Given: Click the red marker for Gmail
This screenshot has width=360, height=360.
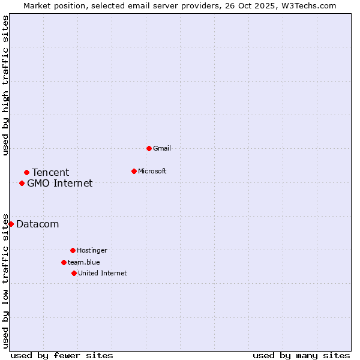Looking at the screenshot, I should (x=149, y=148).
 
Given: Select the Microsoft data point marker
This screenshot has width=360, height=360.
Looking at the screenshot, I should (x=134, y=171).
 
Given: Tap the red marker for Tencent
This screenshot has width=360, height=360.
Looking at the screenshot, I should (x=26, y=173).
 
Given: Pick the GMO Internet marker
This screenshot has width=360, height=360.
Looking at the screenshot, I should (x=22, y=183).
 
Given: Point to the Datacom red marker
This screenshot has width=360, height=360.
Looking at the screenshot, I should (x=11, y=224).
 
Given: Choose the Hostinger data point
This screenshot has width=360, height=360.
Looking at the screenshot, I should (x=73, y=250).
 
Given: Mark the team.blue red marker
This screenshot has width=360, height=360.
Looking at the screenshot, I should (x=64, y=262).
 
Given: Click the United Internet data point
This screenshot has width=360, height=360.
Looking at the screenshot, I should (x=74, y=273).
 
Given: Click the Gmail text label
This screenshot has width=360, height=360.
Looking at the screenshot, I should (x=162, y=148).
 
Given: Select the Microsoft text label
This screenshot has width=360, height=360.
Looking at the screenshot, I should (x=152, y=171).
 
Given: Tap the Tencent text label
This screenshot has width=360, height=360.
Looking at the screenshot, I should (x=50, y=173).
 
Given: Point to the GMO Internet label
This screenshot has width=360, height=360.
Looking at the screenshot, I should (x=60, y=184).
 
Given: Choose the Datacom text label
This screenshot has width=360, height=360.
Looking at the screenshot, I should (x=38, y=224).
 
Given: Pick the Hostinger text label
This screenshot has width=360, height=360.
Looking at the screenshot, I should (x=92, y=250).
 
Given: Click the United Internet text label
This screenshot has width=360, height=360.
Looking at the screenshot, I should (x=103, y=273).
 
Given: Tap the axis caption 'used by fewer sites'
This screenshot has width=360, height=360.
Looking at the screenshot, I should (x=62, y=355).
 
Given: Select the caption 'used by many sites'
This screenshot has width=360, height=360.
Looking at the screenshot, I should (x=301, y=355).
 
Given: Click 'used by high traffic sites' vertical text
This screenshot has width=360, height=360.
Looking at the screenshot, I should (x=6, y=85).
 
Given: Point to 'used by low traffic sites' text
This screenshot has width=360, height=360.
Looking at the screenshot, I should (x=6, y=280).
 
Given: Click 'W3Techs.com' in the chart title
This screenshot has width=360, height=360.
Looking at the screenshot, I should (x=311, y=5).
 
